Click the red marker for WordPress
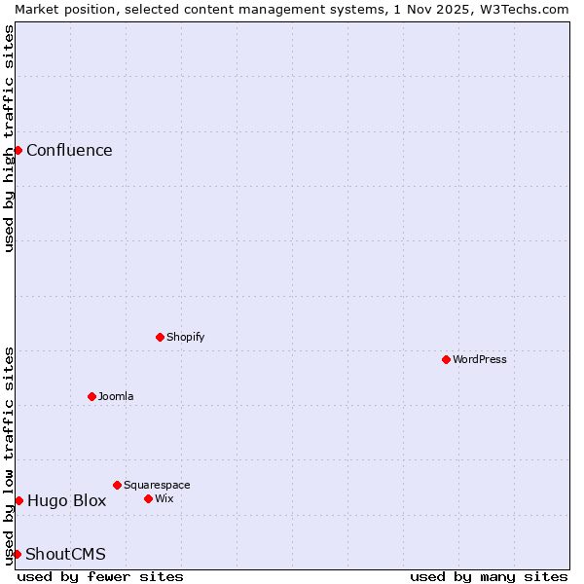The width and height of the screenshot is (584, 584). coord(446,359)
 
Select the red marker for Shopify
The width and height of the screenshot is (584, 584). coord(160,337)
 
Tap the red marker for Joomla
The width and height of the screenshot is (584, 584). coord(91,396)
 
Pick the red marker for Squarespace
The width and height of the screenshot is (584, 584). coord(117,485)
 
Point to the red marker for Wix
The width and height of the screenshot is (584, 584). coord(148,498)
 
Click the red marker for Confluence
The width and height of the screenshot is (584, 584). coord(18,150)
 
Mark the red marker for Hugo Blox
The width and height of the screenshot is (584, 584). coord(18,500)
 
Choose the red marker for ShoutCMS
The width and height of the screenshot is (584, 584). coord(17,554)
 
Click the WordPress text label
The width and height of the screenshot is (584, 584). coord(480,359)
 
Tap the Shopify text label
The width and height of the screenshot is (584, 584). coord(185,337)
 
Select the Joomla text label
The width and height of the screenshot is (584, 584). coord(116,396)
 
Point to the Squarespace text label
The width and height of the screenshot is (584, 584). coord(157,485)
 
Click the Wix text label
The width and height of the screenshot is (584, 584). coord(164,498)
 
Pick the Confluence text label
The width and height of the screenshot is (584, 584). coord(69,150)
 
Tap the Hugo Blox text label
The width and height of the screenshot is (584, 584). coord(66,501)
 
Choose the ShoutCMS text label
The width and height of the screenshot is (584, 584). coord(65,555)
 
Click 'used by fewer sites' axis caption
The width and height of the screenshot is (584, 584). coord(100,576)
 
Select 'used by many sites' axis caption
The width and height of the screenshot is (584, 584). coord(489,576)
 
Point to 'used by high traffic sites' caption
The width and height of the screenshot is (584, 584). coord(9,138)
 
